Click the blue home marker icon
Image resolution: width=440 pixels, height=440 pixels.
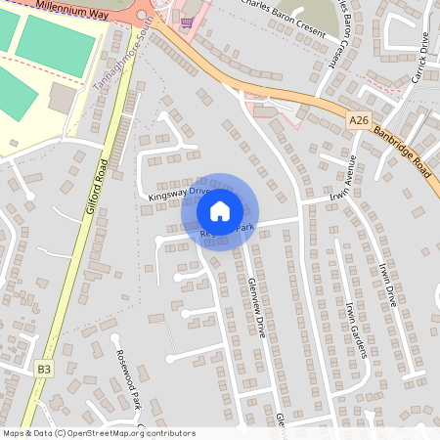220,210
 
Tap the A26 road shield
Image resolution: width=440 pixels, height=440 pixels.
360,120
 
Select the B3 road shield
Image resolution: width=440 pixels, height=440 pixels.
43,369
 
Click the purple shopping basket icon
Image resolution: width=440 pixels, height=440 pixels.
187,20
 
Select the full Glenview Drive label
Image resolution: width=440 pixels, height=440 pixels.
257,305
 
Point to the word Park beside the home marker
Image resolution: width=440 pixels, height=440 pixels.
243,228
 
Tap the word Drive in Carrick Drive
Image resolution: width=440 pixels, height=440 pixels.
422,43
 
